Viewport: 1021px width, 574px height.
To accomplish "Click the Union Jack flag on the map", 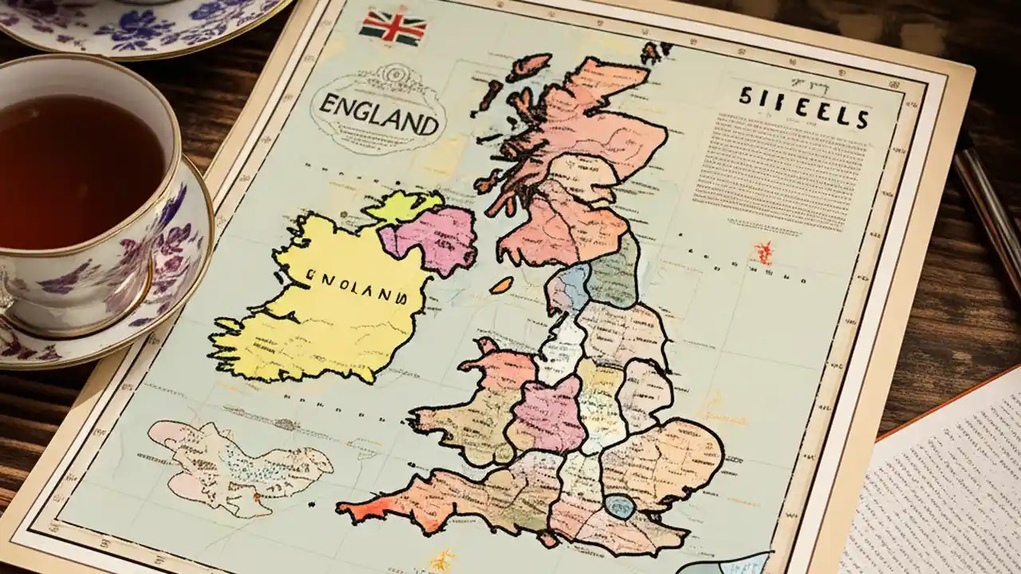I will (392, 28).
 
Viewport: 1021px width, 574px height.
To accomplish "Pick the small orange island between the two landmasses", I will (501, 285).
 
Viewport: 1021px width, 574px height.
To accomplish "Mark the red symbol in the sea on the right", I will (764, 253).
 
